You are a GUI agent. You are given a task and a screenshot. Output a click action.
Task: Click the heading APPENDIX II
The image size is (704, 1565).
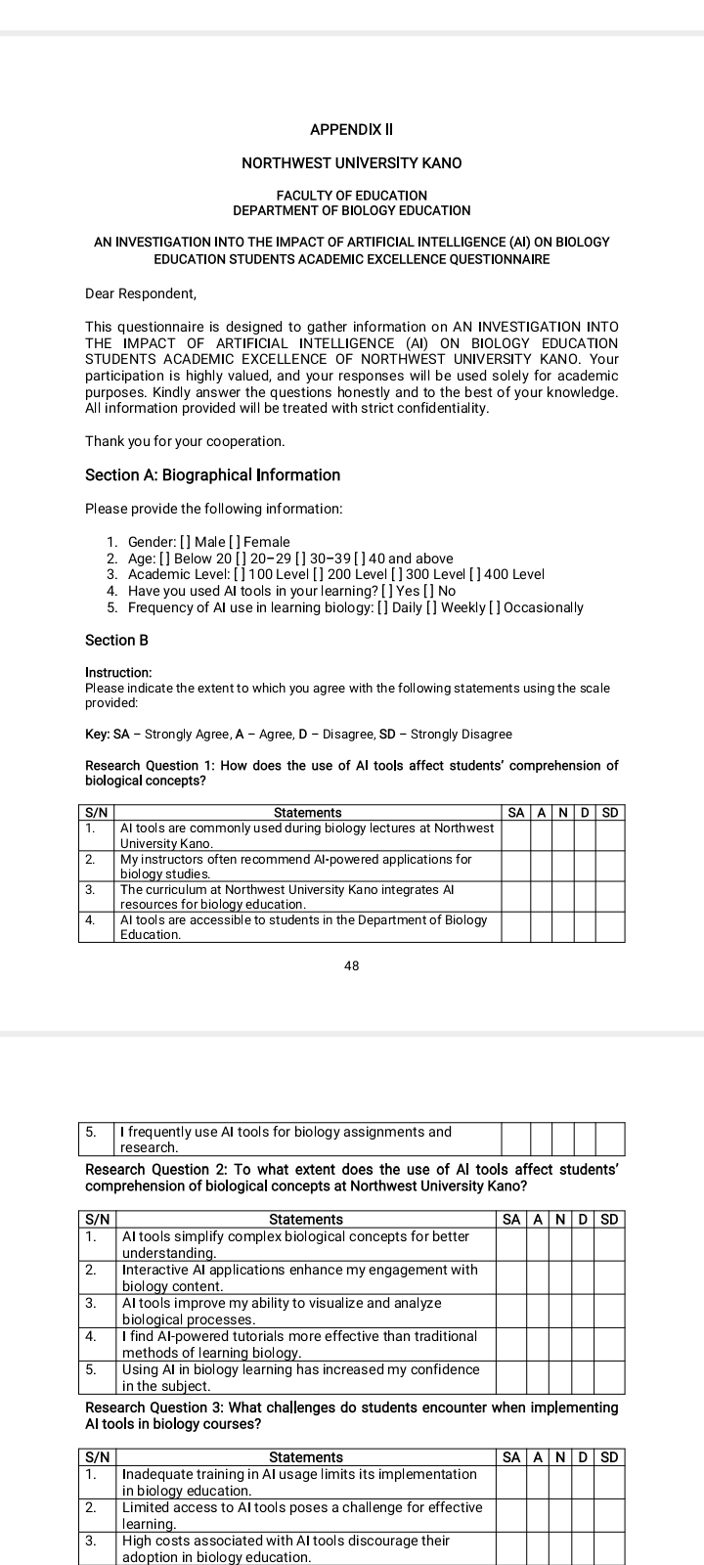coord(351,129)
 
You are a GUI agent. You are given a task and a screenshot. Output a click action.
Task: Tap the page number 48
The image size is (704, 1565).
coord(352,966)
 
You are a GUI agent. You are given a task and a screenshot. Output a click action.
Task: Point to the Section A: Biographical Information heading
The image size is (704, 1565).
coord(213,475)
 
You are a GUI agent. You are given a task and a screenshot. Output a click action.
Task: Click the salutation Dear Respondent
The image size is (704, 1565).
coord(141,293)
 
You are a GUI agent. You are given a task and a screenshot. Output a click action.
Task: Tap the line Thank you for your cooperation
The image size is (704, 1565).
coord(185,441)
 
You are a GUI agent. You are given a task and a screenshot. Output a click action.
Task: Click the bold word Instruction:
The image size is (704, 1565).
coord(118,673)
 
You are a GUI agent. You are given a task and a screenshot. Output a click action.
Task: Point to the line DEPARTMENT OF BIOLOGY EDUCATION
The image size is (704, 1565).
coord(352,210)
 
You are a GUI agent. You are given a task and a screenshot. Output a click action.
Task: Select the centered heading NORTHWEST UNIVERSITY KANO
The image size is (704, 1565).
coord(352,162)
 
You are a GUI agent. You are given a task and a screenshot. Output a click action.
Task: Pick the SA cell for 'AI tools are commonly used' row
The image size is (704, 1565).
coord(515,834)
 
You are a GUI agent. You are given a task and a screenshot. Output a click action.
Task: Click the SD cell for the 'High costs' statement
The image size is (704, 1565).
coord(610,1548)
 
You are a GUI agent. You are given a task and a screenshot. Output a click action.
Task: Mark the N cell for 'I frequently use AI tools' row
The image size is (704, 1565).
coord(562,1139)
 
